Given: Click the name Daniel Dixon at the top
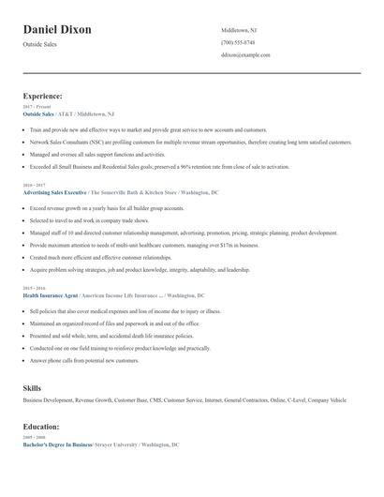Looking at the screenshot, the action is (x=57, y=30).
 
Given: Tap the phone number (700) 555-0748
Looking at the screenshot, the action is (x=238, y=43).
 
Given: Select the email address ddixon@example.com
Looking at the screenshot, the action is (x=245, y=55).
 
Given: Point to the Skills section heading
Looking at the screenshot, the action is (x=32, y=386).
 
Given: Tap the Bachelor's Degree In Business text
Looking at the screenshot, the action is (x=57, y=444).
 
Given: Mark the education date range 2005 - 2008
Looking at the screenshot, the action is (x=33, y=437).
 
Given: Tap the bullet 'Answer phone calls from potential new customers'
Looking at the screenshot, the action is (x=84, y=360).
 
